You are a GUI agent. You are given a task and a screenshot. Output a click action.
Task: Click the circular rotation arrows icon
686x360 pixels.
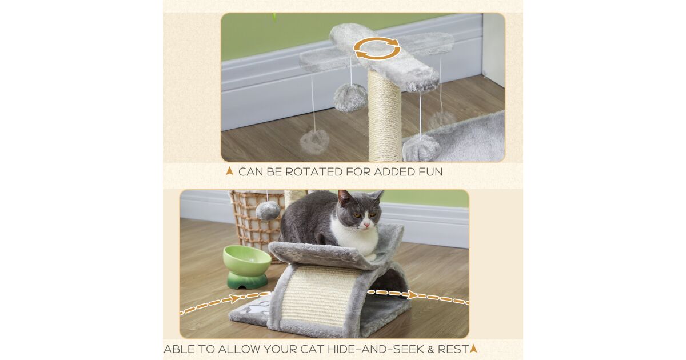pyautogui.click(x=377, y=48)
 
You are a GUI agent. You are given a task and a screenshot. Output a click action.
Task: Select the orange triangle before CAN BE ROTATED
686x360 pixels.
pyautogui.click(x=229, y=171)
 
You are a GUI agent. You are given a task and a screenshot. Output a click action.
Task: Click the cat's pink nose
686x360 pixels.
pyautogui.click(x=366, y=225)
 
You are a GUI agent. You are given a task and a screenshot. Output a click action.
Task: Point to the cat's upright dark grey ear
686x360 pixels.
pyautogui.click(x=345, y=198)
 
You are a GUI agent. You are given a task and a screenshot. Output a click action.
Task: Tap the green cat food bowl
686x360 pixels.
pyautogui.click(x=246, y=267)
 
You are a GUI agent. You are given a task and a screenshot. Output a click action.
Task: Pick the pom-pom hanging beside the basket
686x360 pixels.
pyautogui.click(x=268, y=211)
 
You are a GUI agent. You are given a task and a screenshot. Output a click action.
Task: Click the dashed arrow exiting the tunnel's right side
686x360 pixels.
pyautogui.click(x=418, y=297)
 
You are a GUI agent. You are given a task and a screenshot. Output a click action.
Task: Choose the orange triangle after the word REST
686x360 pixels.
pyautogui.click(x=473, y=349)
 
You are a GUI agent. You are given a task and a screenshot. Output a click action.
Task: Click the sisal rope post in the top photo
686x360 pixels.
pyautogui.click(x=385, y=115)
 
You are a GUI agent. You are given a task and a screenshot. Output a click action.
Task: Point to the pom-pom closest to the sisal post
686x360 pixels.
pyautogui.click(x=350, y=98)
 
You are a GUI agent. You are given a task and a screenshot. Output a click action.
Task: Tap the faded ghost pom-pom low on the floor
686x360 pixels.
pyautogui.click(x=314, y=142)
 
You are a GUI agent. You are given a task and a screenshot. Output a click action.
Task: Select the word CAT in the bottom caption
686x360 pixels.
pyautogui.click(x=310, y=349)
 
